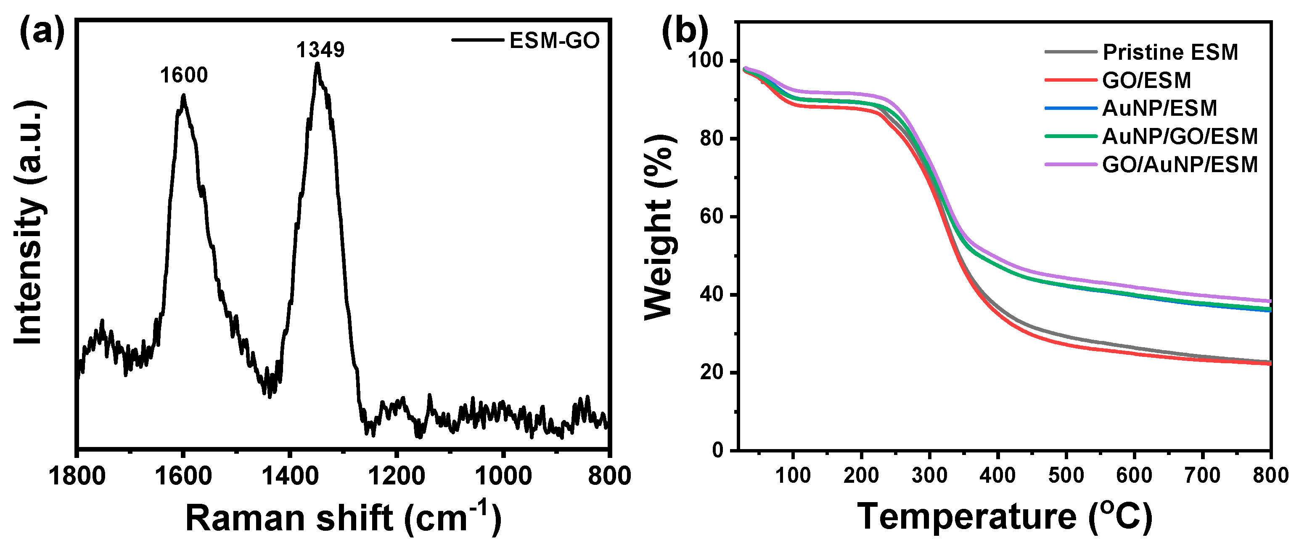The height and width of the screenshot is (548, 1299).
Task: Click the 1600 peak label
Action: (x=183, y=75)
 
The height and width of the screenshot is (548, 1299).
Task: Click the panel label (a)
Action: (x=42, y=31)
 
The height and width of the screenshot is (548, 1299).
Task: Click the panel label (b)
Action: (x=684, y=31)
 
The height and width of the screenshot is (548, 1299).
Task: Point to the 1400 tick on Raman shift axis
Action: (x=290, y=476)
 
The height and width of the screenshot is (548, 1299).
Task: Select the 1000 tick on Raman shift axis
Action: (x=503, y=476)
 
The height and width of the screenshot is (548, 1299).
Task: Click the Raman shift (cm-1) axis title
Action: (x=343, y=518)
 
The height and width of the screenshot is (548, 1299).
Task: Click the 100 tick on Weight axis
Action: (x=706, y=61)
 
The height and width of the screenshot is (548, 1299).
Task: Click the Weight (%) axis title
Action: (x=659, y=227)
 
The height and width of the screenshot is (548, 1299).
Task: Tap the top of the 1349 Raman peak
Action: (x=317, y=64)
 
